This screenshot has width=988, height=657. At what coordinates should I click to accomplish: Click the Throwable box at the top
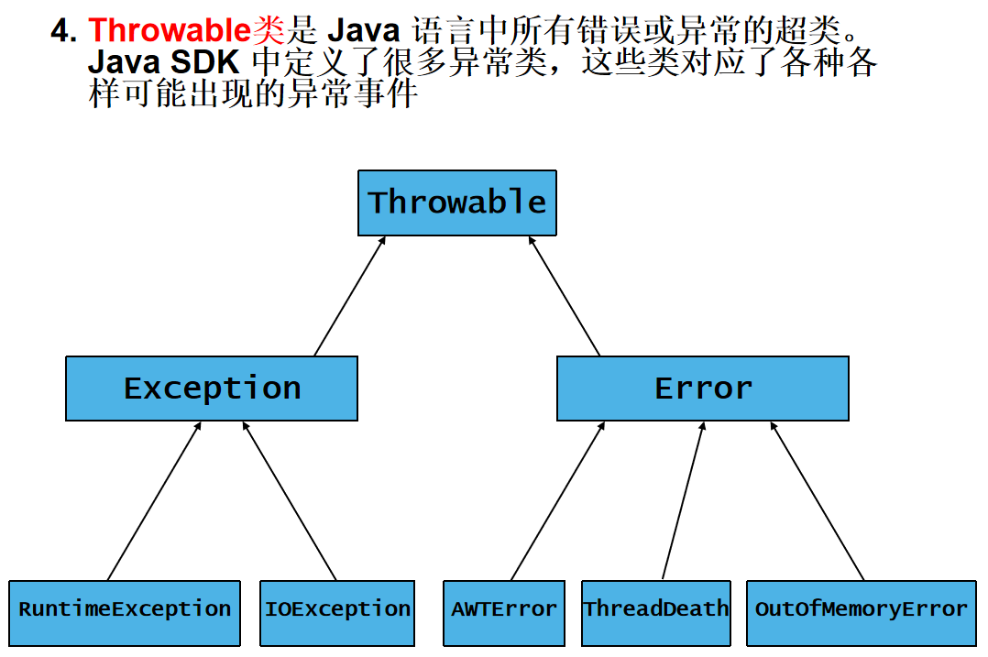pyautogui.click(x=456, y=203)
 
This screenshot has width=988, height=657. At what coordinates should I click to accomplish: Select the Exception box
pyautogui.click(x=212, y=389)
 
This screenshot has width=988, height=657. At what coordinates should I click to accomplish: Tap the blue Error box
pyautogui.click(x=702, y=389)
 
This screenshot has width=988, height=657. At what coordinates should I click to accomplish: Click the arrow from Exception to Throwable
pyautogui.click(x=349, y=296)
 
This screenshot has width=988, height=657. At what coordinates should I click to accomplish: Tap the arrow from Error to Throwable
pyautogui.click(x=565, y=296)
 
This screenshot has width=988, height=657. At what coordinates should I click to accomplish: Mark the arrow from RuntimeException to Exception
pyautogui.click(x=154, y=500)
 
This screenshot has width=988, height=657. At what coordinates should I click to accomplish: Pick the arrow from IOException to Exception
pyautogui.click(x=289, y=500)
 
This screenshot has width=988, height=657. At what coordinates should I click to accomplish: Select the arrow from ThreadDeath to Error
pyautogui.click(x=683, y=500)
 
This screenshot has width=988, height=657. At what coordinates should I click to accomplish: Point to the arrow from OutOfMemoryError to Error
pyautogui.click(x=818, y=500)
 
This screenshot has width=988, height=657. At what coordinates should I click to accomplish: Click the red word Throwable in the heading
pyautogui.click(x=169, y=31)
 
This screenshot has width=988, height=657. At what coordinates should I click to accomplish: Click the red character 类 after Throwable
pyautogui.click(x=268, y=31)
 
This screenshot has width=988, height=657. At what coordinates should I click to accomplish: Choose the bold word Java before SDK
pyautogui.click(x=125, y=63)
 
